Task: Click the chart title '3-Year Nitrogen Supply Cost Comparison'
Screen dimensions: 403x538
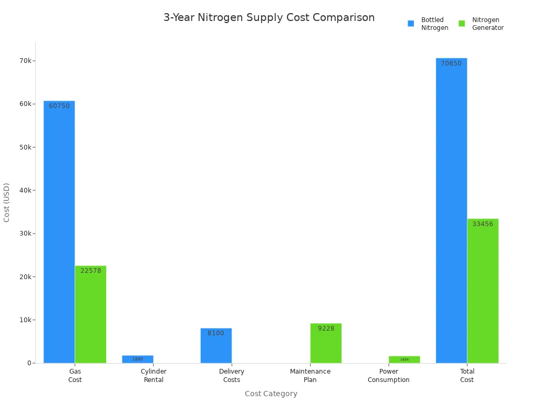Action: (269, 18)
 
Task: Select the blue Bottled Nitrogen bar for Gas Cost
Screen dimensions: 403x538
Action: (59, 236)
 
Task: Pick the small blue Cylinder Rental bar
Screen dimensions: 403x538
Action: (138, 359)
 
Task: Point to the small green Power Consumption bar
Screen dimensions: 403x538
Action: (404, 359)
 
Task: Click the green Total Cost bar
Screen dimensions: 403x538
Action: (483, 294)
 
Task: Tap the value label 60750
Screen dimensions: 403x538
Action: (59, 106)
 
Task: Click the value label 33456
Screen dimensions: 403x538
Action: (483, 224)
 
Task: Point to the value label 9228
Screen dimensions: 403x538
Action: (326, 328)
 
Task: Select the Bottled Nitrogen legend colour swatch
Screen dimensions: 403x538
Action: (411, 24)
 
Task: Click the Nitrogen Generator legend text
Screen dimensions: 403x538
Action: (488, 24)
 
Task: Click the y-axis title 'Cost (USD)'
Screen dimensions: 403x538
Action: (7, 202)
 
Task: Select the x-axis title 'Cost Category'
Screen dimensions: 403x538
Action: (271, 394)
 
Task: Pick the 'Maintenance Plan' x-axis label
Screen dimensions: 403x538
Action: (310, 375)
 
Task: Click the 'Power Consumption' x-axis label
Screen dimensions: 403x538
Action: (388, 375)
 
